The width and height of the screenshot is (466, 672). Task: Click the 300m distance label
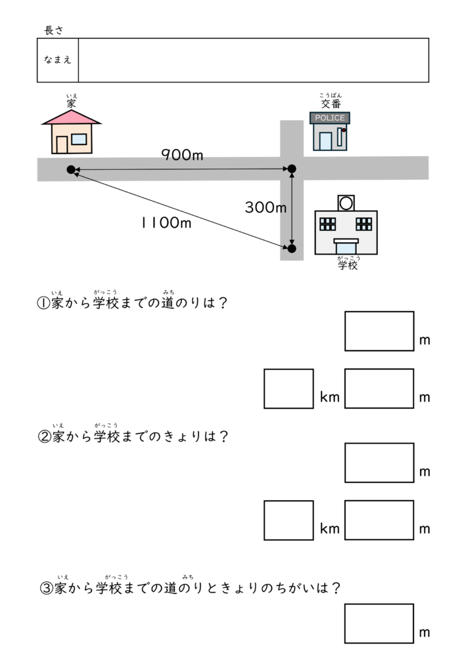[266, 208]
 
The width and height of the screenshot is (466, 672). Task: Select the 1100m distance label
[166, 223]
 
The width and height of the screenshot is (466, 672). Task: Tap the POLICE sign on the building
[330, 118]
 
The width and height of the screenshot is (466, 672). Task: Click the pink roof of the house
[71, 116]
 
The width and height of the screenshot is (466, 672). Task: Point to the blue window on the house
[79, 139]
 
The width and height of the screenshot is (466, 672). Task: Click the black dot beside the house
[71, 170]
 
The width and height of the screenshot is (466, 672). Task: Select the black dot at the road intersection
[292, 170]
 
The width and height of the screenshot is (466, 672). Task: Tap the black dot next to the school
[292, 249]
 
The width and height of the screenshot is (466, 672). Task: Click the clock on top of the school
[346, 202]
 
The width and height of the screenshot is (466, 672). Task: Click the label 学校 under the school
[348, 266]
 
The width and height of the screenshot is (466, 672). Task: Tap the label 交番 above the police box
[331, 104]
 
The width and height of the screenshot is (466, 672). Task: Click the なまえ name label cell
[58, 60]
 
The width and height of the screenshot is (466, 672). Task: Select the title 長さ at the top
[53, 30]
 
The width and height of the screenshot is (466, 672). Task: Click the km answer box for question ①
[289, 388]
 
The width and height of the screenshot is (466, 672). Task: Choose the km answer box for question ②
[289, 520]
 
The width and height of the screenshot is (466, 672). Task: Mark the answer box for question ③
[379, 623]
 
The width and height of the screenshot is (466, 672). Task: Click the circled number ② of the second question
[45, 436]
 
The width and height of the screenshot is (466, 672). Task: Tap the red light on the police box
[343, 130]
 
